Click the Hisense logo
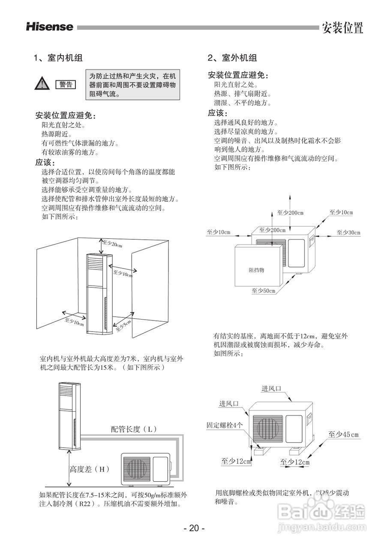click(50, 27)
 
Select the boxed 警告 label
click(65, 84)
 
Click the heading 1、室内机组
click(58, 58)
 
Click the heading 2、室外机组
click(232, 58)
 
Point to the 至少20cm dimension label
click(112, 244)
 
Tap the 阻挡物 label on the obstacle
click(257, 270)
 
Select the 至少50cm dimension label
click(263, 291)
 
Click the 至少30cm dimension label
click(348, 232)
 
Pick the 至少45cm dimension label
click(343, 434)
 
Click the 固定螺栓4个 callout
click(225, 425)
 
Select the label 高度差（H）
click(90, 469)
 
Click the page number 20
click(194, 528)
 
